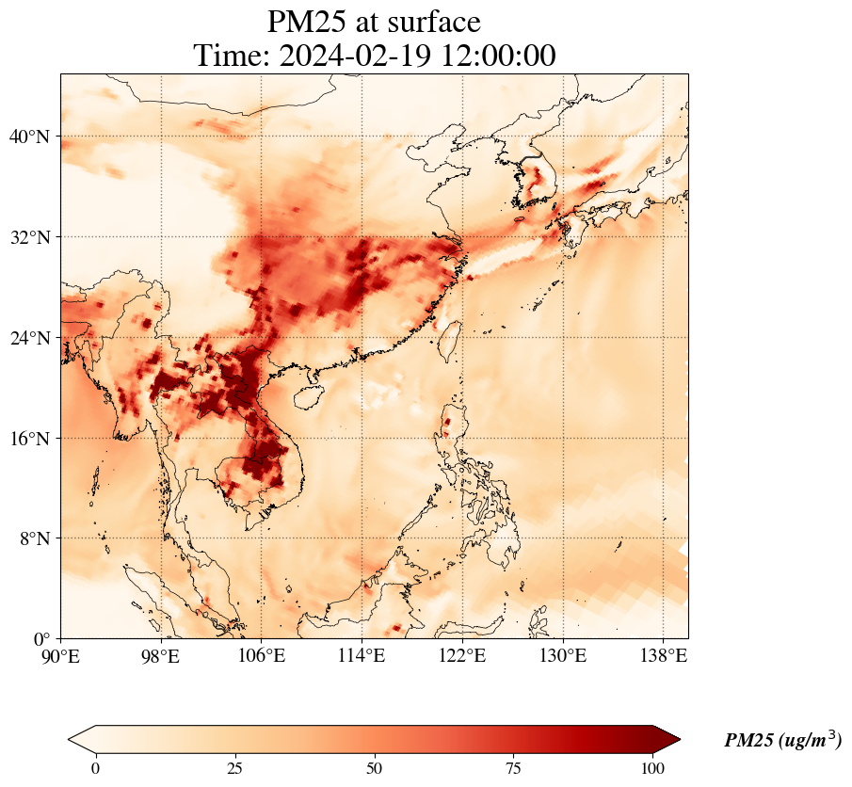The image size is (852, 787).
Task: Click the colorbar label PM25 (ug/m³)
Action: tap(782, 741)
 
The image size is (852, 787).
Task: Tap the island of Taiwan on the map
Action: tap(450, 336)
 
